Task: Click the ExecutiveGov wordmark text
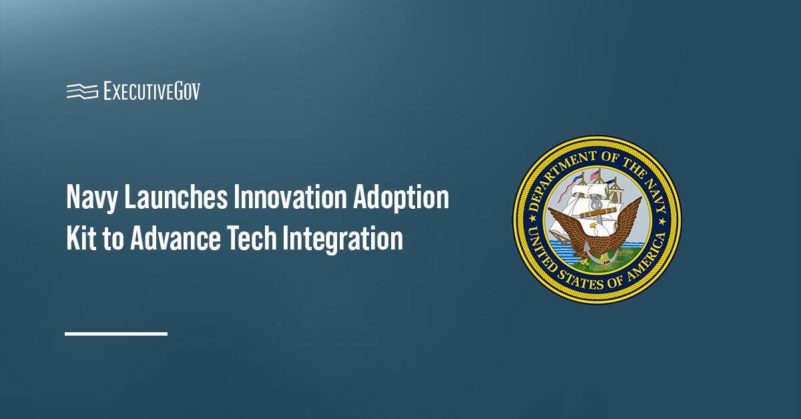coord(152,91)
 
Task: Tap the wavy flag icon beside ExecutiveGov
coord(82,91)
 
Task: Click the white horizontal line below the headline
coord(116,333)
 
